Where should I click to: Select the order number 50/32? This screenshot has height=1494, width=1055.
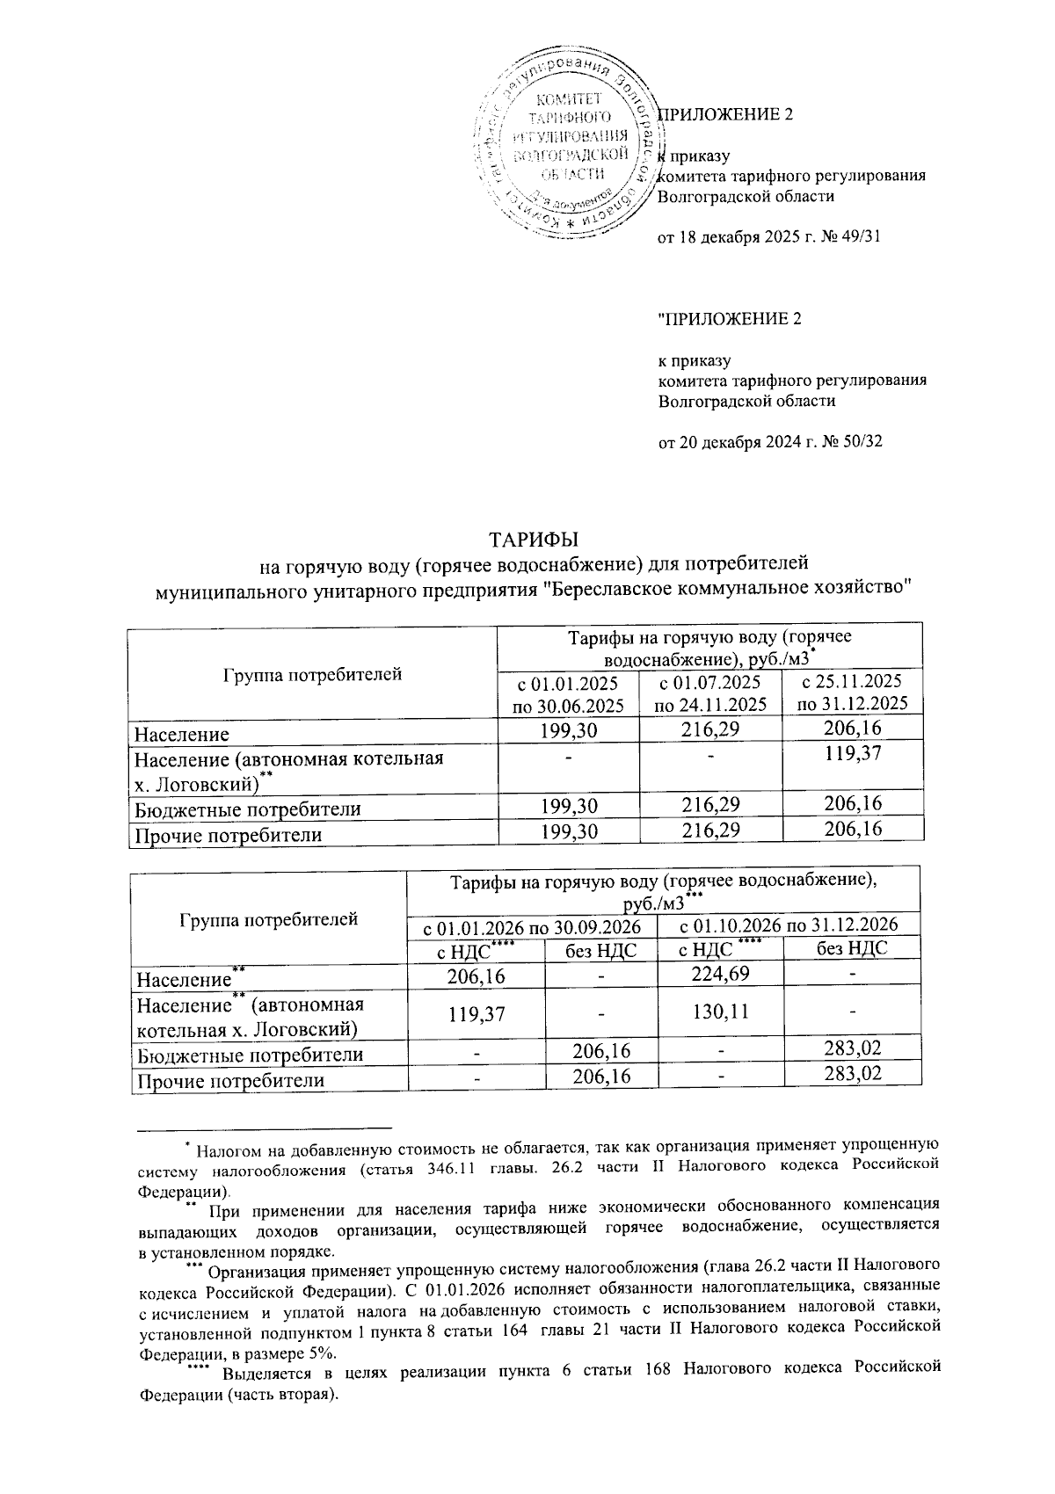click(861, 442)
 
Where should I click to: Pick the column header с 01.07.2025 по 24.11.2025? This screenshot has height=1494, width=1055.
click(710, 693)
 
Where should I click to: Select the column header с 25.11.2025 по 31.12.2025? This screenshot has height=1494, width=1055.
click(852, 692)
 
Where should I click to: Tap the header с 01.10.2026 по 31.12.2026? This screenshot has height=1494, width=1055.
click(789, 925)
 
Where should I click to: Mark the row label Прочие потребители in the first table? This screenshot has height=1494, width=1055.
click(227, 834)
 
